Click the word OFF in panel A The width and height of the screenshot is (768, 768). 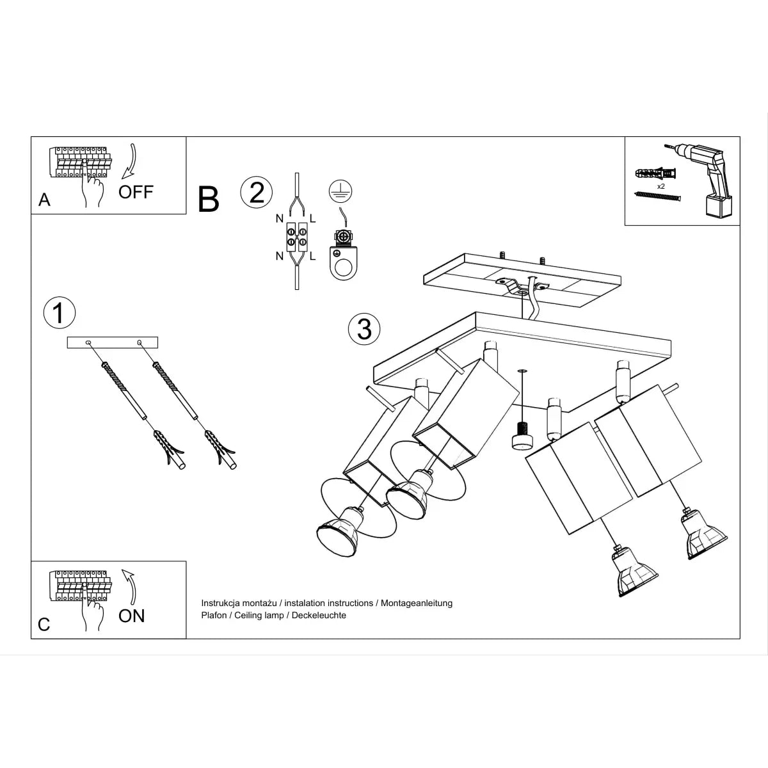pos(136,191)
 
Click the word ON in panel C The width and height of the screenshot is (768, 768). pos(132,616)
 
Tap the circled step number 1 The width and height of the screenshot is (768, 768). pos(59,313)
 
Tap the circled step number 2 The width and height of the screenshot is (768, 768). pos(256,192)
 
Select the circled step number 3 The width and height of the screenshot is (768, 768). pos(364,328)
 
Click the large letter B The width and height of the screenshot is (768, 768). pos(209,199)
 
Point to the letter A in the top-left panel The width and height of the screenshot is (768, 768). pos(44,200)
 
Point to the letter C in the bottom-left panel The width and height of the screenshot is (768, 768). pos(44,625)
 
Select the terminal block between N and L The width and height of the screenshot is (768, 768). pos(296,237)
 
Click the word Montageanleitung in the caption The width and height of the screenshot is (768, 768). pos(417,603)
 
